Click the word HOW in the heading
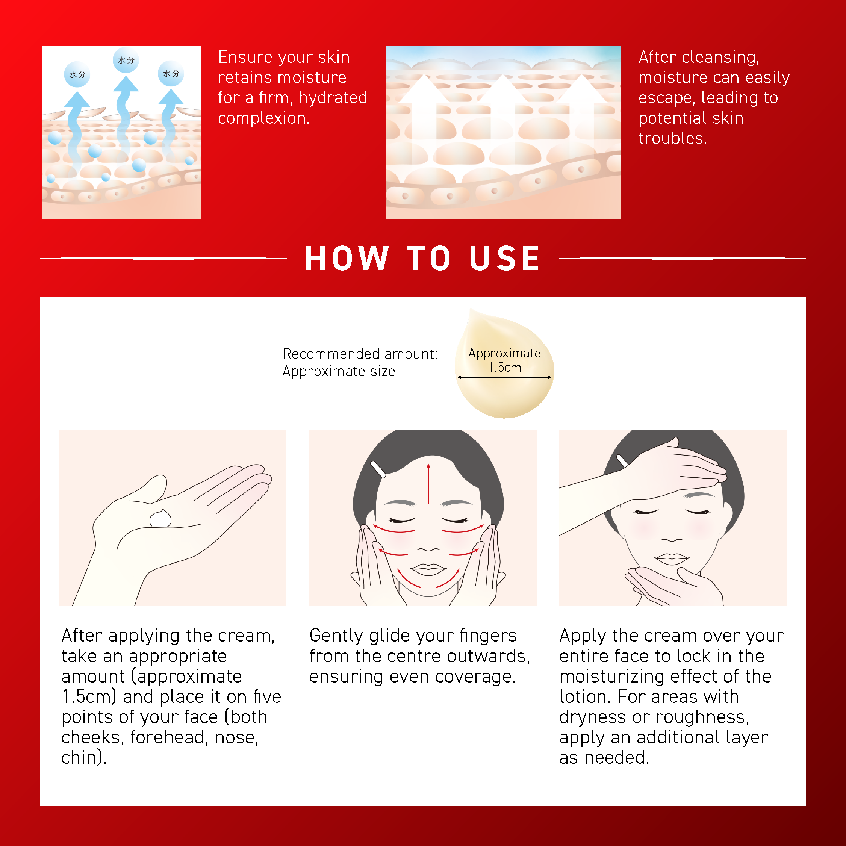tap(347, 258)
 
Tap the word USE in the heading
tap(504, 258)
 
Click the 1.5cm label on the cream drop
tap(504, 368)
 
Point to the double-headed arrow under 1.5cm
tap(504, 377)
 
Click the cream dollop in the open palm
tap(161, 518)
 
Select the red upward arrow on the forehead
tap(428, 484)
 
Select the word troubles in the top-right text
tap(673, 138)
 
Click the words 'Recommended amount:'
tap(360, 354)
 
